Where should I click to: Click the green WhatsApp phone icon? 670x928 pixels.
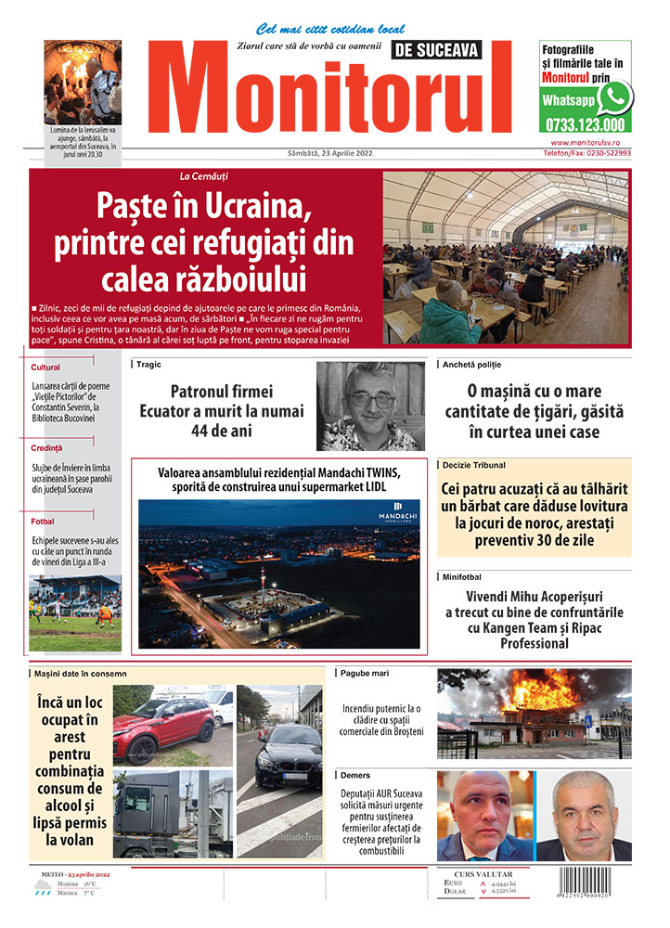tap(613, 97)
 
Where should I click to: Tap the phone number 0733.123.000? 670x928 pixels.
tap(584, 124)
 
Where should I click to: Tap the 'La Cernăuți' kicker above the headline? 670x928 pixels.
tap(204, 176)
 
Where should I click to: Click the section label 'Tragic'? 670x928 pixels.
tap(148, 365)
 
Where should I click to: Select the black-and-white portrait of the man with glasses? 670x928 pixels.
tap(371, 406)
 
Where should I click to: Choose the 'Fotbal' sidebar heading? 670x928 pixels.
tap(43, 522)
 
